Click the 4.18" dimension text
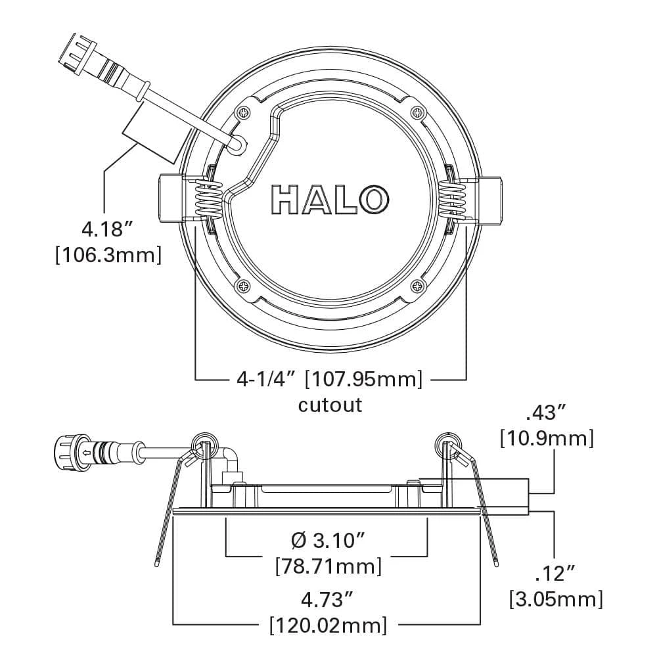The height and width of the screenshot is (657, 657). pyautogui.click(x=108, y=230)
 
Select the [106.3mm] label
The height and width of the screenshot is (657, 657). pyautogui.click(x=108, y=255)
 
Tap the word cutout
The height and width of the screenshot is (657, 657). pyautogui.click(x=330, y=404)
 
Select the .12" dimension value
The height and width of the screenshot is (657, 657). pyautogui.click(x=555, y=574)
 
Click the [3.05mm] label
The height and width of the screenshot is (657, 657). pyautogui.click(x=556, y=599)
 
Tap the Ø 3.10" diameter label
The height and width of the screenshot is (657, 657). pyautogui.click(x=328, y=541)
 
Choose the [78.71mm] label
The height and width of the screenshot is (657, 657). pyautogui.click(x=328, y=565)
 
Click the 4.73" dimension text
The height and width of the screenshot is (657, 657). pyautogui.click(x=328, y=599)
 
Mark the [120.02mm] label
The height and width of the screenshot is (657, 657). pyautogui.click(x=328, y=624)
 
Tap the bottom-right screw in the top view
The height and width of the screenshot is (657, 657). pyautogui.click(x=417, y=286)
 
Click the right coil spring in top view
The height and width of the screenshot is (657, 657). pyautogui.click(x=452, y=198)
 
